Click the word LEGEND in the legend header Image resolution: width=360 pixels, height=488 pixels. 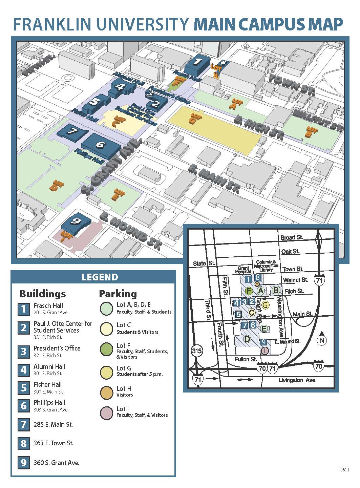coord(100,277)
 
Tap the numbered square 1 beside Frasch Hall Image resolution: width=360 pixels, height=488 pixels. coord(23,309)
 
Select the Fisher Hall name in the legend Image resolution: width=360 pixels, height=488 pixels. coord(47,384)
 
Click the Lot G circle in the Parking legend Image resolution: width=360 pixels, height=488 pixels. coord(107,372)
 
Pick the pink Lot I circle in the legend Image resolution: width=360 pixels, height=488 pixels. coord(107,413)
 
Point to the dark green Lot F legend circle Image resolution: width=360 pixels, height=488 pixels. coord(107,349)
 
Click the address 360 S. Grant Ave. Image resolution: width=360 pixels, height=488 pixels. coord(56,463)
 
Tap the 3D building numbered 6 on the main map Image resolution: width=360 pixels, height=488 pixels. coord(101,145)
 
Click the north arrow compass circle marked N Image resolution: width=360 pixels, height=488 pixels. coord(322,340)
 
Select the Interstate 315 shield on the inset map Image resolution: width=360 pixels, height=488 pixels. coord(197,351)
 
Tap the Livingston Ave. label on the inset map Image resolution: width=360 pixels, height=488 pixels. coord(297,380)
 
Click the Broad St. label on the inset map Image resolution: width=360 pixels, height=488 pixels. coord(292,237)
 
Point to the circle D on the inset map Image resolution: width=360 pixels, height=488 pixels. coord(247,339)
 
